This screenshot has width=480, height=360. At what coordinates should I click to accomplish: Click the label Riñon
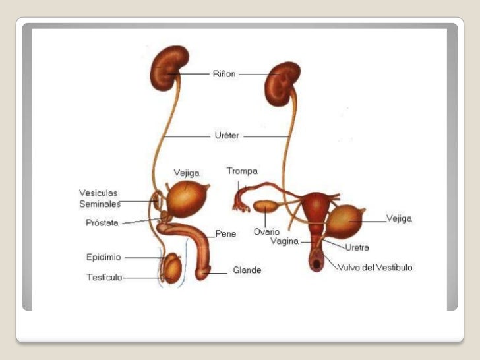click(224, 74)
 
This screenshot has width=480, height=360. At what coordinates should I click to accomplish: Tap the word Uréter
click(227, 136)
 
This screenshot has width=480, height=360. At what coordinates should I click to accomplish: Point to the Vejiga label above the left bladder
click(186, 173)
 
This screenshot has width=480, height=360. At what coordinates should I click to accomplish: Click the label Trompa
click(242, 171)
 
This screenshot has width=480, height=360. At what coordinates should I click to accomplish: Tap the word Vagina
click(285, 241)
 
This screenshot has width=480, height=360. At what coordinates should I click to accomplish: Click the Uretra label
click(357, 247)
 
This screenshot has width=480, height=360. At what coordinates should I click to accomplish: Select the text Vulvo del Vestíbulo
click(375, 267)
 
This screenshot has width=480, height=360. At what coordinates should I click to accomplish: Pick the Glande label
click(247, 270)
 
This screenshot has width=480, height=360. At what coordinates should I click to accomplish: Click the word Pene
click(225, 233)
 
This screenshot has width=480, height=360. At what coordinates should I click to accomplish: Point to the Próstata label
click(102, 223)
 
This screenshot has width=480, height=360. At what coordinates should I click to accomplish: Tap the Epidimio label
click(104, 256)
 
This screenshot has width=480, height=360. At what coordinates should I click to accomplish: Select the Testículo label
click(104, 277)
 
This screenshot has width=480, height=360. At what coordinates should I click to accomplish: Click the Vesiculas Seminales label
click(99, 198)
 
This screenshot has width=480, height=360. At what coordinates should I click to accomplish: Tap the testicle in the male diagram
click(173, 269)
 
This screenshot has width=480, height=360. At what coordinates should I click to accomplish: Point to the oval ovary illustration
click(266, 208)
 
